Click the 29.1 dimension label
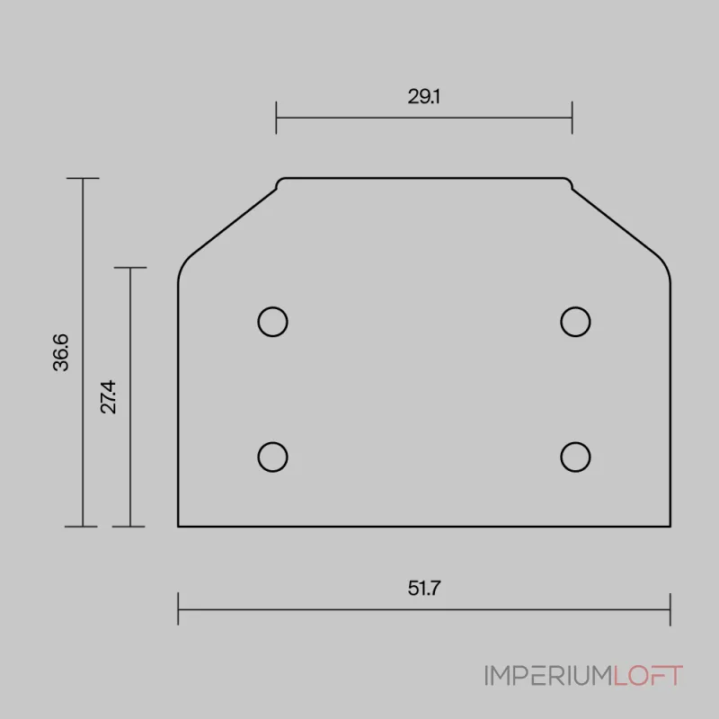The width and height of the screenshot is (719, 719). pyautogui.click(x=423, y=97)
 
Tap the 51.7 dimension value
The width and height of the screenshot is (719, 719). pyautogui.click(x=424, y=589)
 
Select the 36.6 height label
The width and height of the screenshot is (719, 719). pyautogui.click(x=60, y=352)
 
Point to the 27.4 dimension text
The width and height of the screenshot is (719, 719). pyautogui.click(x=108, y=397)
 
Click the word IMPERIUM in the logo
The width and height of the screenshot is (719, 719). pyautogui.click(x=548, y=676)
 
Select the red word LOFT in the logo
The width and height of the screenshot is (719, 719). pyautogui.click(x=648, y=676)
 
